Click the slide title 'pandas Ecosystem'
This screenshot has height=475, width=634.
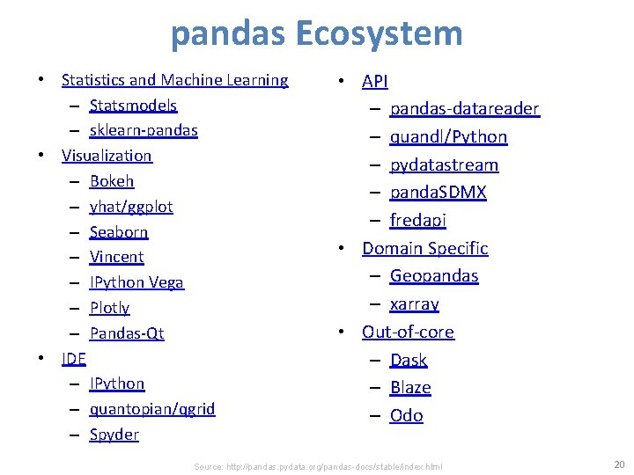[x=316, y=33]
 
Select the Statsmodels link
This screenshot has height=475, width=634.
[x=133, y=106]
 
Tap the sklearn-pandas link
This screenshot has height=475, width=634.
[x=144, y=130]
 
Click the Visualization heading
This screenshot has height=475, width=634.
[x=107, y=156]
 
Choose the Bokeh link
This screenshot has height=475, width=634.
[x=112, y=181]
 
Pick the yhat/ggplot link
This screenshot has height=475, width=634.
[x=131, y=207]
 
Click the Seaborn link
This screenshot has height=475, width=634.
[x=119, y=232]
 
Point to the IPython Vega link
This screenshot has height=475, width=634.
[x=136, y=282]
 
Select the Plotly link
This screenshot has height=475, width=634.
[x=109, y=308]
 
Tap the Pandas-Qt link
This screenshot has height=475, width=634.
[x=127, y=333]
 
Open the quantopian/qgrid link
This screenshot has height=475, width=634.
[x=152, y=409]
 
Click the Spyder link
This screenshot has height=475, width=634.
[x=114, y=435]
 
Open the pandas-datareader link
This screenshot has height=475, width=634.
[x=464, y=109]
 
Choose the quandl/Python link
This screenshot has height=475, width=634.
[x=449, y=137]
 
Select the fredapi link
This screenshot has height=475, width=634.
[x=418, y=221]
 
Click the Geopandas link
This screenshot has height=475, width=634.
[x=434, y=276]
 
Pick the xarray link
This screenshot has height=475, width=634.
[x=414, y=304]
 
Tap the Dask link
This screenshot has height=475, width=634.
[x=409, y=360]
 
